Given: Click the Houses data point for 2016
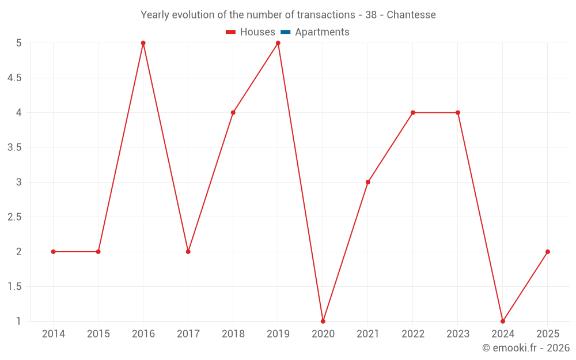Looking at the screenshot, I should coord(143,43).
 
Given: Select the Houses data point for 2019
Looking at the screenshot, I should coord(278,43).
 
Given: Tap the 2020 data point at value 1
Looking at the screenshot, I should coord(323,321).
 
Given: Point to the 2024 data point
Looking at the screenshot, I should coord(503,321).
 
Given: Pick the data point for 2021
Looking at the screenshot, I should coord(368,182).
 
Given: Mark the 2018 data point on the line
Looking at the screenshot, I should coord(233,112).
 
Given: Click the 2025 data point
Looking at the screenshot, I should coord(548,252).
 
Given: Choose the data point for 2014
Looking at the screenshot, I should coord(53,252).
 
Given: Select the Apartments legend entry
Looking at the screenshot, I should coord(322,32).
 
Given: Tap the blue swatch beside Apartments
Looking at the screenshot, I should coord(286,32).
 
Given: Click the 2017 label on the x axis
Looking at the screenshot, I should coord(188,334).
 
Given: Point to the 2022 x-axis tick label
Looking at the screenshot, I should coord(413,334).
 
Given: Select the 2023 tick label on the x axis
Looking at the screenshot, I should coord(458,334).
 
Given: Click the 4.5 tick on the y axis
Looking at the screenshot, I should coord(14,78).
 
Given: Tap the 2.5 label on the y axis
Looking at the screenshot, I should coord(14,217).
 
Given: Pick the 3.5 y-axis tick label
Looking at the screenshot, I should coord(14,147).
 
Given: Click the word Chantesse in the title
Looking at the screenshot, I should coord(411,14).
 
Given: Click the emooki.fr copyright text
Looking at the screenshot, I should coord(526,348).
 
